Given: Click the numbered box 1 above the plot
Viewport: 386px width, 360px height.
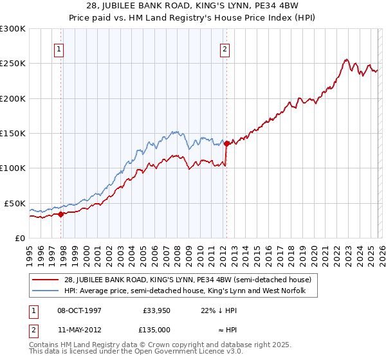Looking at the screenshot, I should pyautogui.click(x=59, y=49).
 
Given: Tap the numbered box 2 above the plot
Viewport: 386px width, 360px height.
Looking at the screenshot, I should pyautogui.click(x=225, y=49).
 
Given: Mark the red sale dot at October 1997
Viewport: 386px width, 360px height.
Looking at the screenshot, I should pyautogui.click(x=60, y=214).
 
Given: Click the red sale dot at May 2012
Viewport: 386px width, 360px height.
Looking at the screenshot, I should pyautogui.click(x=226, y=144).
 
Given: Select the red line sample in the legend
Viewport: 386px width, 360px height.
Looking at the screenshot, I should pyautogui.click(x=46, y=280).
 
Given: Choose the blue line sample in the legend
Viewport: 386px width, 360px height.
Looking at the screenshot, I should pyautogui.click(x=46, y=291).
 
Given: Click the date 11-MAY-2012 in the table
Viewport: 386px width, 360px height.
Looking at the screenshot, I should pyautogui.click(x=80, y=329).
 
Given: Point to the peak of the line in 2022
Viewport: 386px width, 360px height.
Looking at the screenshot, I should pyautogui.click(x=345, y=60).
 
